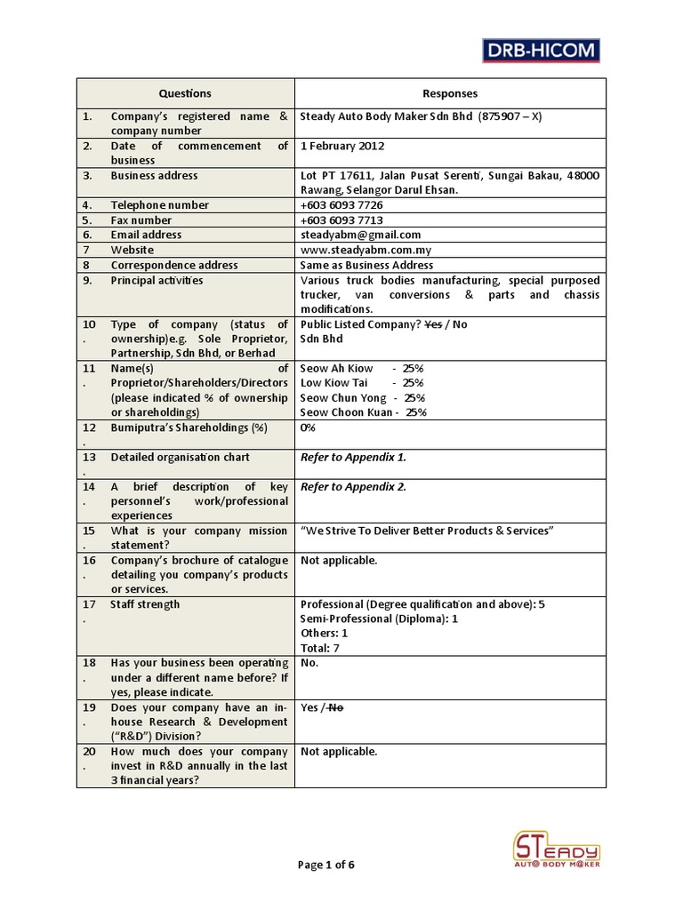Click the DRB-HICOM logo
pos(541,50)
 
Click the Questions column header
pos(185,93)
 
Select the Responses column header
pos(449,93)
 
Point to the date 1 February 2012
pos(342,146)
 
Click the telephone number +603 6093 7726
pos(341,205)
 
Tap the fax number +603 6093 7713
pos(341,220)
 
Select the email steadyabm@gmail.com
pos(360,235)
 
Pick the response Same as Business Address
pos(366,265)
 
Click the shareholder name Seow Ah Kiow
pos(336,368)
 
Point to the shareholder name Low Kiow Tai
pos(333,383)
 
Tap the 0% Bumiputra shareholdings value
pos(309,427)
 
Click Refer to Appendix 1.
pos(353,457)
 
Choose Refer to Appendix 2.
pos(353,487)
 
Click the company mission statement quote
pos(428,531)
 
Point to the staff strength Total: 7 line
pos(320,648)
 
